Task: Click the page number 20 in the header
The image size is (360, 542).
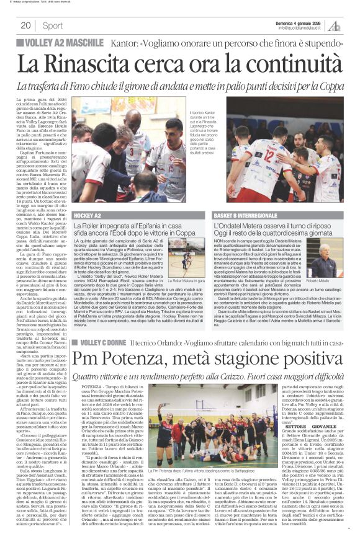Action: [x=25, y=25]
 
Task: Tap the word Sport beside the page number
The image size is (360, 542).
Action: [x=53, y=25]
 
